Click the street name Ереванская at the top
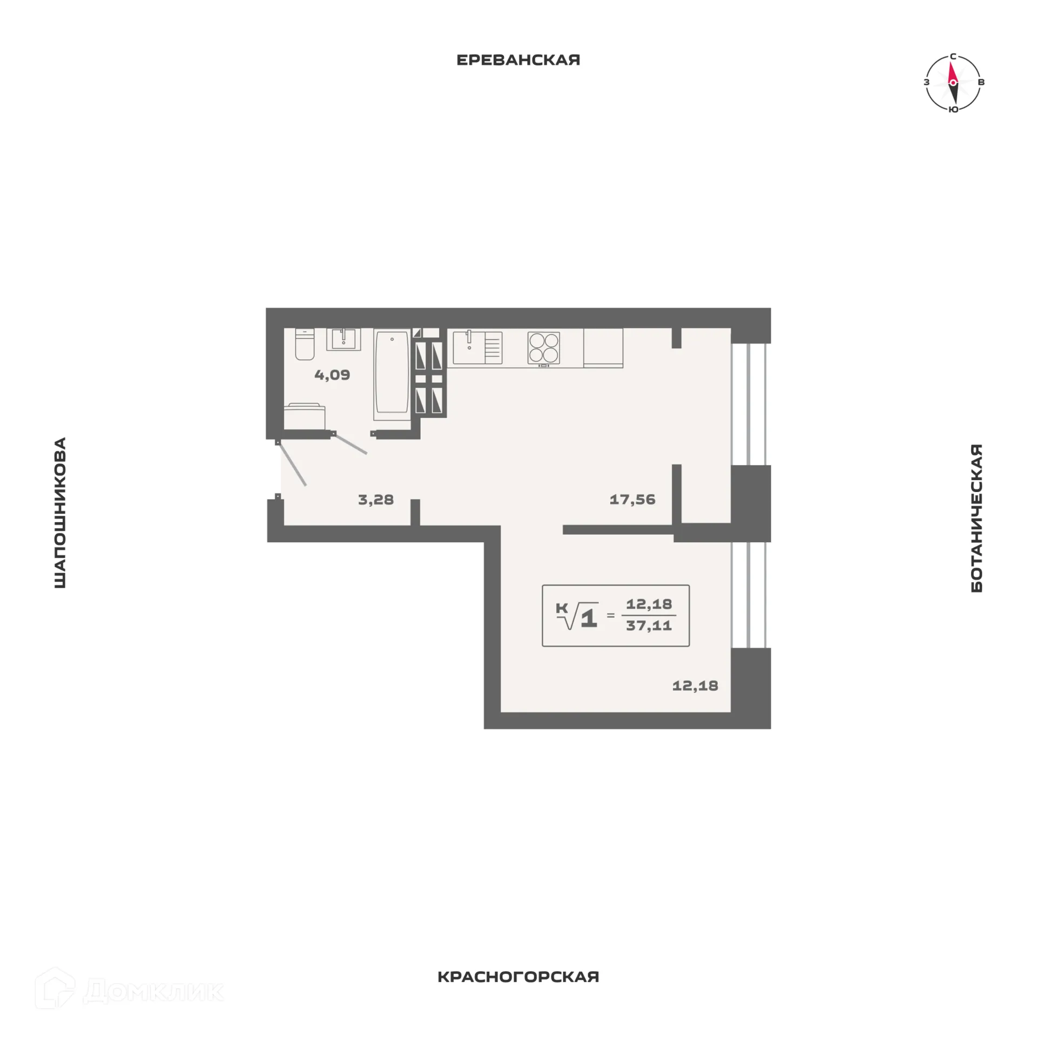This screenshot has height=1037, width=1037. click(x=518, y=60)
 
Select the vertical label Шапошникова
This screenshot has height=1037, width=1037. click(x=60, y=513)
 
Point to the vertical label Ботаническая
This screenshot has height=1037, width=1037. click(x=977, y=518)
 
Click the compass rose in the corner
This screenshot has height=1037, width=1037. click(x=953, y=83)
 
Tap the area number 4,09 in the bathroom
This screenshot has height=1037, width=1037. click(x=332, y=375)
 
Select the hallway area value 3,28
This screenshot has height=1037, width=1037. click(x=376, y=500)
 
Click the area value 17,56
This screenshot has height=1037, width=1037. click(x=632, y=500)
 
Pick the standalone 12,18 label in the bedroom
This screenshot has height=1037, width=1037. click(x=695, y=686)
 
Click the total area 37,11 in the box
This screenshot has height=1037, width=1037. click(x=649, y=626)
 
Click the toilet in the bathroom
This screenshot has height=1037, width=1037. click(x=305, y=344)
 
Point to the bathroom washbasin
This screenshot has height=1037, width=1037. click(x=343, y=339)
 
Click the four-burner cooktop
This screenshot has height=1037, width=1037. click(x=543, y=348)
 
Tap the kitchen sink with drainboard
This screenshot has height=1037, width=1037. click(x=477, y=347)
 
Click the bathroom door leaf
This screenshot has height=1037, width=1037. click(x=351, y=444)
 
